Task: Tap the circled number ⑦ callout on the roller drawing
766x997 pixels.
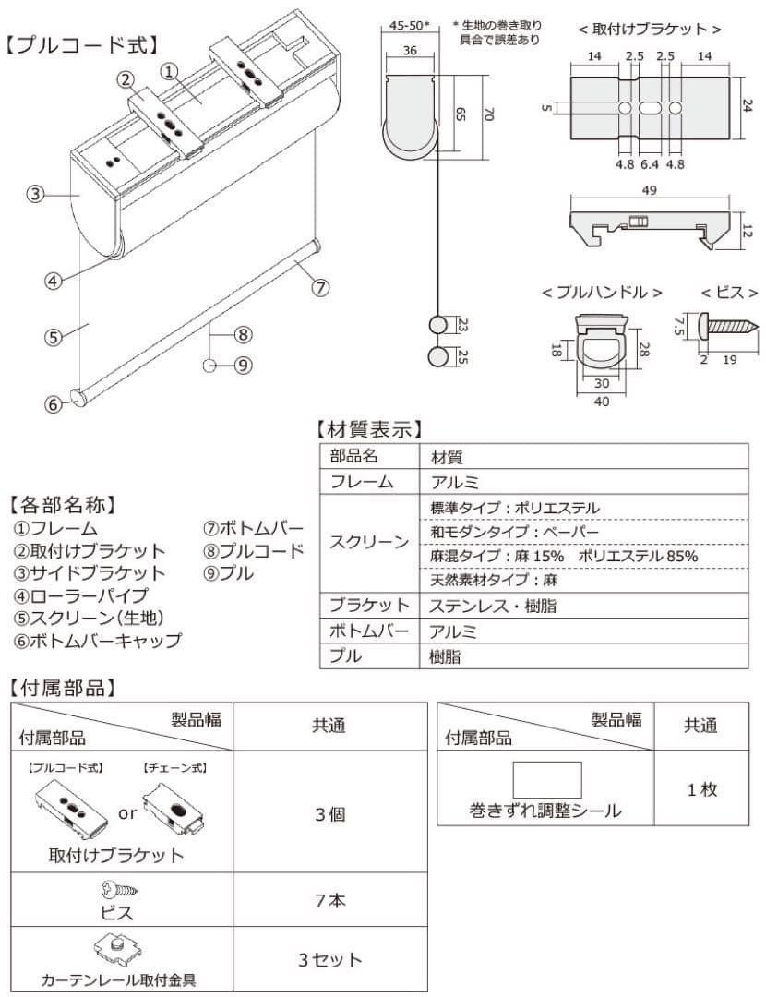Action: pyautogui.click(x=319, y=287)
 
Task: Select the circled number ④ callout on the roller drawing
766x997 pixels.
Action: pyautogui.click(x=54, y=281)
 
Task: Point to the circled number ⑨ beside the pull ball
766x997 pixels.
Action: pyautogui.click(x=243, y=366)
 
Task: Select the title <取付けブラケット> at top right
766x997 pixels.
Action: pyautogui.click(x=650, y=30)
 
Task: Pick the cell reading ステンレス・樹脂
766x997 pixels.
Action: pyautogui.click(x=493, y=607)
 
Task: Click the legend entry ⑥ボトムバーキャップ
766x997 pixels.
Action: pyautogui.click(x=97, y=640)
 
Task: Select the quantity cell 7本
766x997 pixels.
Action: pyautogui.click(x=329, y=900)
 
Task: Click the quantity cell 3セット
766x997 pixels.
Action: pyautogui.click(x=329, y=960)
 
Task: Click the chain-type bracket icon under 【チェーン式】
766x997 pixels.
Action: pyautogui.click(x=173, y=805)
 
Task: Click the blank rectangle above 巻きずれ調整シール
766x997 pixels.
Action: pyautogui.click(x=547, y=780)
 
